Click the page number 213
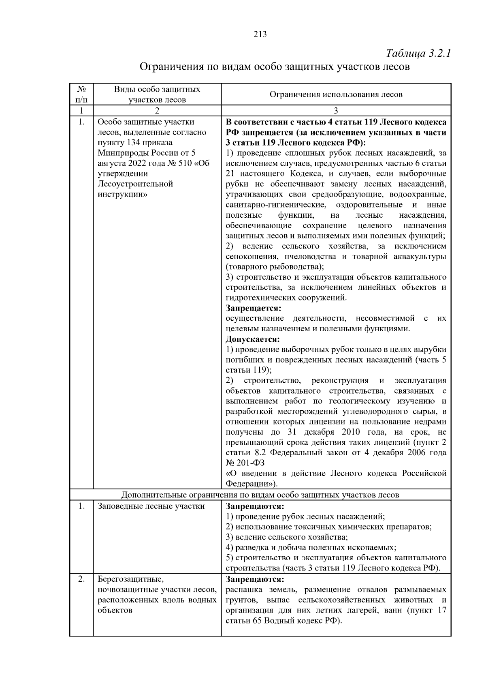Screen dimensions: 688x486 coord(260,34)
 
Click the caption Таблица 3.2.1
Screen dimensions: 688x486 coord(418,54)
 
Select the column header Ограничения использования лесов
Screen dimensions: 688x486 coord(336,94)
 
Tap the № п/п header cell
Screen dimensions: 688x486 coord(81,94)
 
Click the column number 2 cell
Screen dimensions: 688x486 coord(157,111)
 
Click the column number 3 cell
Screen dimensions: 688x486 coord(336,111)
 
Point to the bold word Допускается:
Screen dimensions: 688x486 coord(253,339)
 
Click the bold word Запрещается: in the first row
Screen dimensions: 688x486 coord(253,308)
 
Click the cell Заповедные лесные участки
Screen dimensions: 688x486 coord(151,506)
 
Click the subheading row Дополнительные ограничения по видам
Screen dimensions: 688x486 coord(260,495)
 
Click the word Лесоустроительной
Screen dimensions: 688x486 coord(135,184)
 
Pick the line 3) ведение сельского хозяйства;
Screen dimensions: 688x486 coord(286,537)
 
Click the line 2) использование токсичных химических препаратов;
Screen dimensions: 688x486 coord(328,527)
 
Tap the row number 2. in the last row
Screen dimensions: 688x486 coord(81,579)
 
